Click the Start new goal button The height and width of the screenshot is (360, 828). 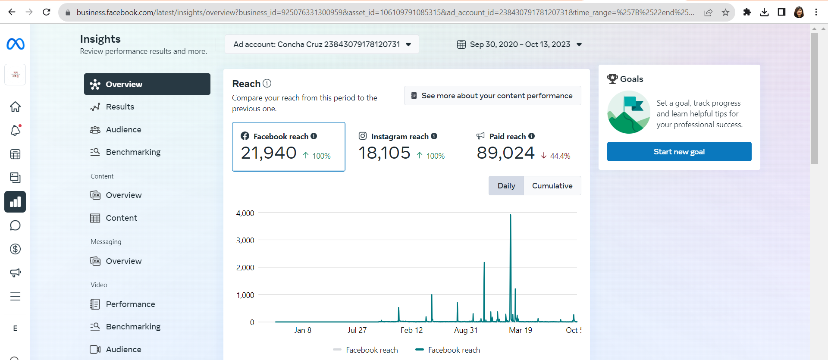pos(679,152)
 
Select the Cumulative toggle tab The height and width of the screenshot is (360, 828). pos(552,186)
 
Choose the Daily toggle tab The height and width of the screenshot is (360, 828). pos(506,186)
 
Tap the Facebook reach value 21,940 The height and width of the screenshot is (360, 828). pos(269,153)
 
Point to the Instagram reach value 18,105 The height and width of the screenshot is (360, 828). pos(384,153)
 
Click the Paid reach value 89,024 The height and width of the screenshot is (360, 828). pos(505,153)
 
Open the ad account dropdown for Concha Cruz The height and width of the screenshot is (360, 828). pos(322,44)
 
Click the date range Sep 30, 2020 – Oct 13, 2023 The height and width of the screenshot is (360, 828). pos(520,44)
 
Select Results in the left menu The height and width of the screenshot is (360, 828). pos(120,107)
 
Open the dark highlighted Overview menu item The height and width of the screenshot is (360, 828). pos(147,84)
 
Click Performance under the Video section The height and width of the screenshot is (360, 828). pos(130,304)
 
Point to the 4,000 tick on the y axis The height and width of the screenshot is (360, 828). pos(245,213)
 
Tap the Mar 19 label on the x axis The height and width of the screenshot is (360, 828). pos(521,330)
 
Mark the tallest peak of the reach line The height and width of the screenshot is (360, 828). pos(510,215)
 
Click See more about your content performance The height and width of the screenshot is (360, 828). pos(492,96)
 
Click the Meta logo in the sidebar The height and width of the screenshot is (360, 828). pos(16,44)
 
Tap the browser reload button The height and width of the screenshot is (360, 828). pos(47,12)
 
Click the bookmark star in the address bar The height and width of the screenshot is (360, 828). pos(725,13)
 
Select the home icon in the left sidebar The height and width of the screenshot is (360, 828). pos(16,106)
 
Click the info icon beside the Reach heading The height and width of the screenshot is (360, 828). pos(267,83)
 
